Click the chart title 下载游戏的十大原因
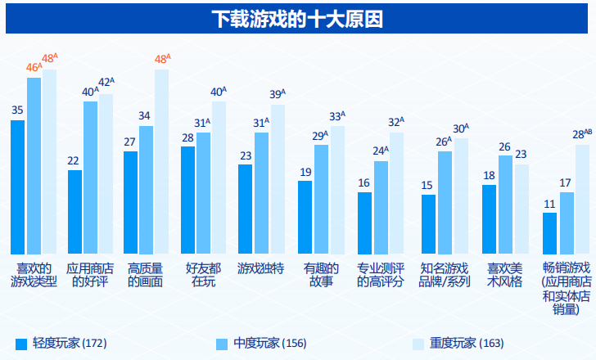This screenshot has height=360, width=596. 297,18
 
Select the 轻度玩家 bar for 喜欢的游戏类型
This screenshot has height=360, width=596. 18,187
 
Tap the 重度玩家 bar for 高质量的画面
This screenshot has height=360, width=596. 161,161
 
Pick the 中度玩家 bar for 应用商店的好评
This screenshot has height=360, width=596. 90,177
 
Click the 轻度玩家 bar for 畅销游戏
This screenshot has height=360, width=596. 549,233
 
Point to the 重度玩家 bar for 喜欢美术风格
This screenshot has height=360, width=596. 521,209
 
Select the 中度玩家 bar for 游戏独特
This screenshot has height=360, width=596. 261,192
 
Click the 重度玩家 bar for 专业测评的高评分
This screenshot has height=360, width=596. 396,192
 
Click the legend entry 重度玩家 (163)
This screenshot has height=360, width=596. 461,342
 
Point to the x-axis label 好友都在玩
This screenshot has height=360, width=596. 203,275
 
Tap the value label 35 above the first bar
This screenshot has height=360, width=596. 17,110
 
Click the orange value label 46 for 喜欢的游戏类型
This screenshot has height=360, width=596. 33,67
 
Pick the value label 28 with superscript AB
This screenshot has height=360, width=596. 580,134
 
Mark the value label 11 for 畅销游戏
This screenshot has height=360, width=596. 549,204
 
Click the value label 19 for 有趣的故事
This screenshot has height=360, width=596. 305,172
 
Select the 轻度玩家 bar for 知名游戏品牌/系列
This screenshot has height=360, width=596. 428,224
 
